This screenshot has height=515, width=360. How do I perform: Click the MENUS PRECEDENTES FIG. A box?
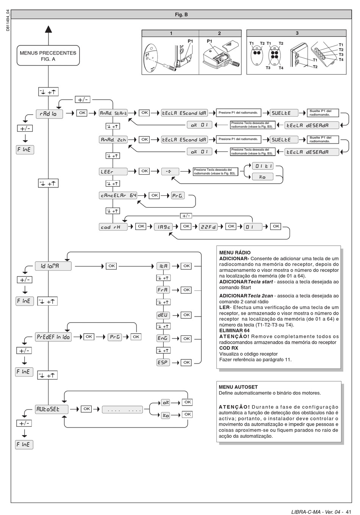(x=48, y=56)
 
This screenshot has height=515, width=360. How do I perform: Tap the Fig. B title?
(x=181, y=15)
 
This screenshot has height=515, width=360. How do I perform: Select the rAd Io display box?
(x=49, y=114)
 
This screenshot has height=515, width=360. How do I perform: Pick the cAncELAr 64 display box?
(x=118, y=195)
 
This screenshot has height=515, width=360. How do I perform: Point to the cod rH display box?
(x=113, y=227)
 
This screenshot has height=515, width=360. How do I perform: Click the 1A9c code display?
(x=163, y=227)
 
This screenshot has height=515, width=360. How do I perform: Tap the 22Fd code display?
(x=208, y=227)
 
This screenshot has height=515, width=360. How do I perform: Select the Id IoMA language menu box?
(x=53, y=266)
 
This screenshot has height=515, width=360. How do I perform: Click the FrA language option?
(x=163, y=290)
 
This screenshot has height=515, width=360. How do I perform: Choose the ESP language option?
(x=163, y=362)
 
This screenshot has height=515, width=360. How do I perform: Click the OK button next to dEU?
(x=186, y=315)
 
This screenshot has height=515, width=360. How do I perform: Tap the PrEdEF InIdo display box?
(x=53, y=337)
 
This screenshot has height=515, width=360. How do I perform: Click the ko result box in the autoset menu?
(x=166, y=415)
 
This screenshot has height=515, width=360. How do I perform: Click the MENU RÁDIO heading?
(x=235, y=253)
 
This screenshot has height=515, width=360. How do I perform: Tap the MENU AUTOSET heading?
(x=238, y=387)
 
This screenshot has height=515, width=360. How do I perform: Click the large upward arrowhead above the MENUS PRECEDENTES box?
(x=48, y=30)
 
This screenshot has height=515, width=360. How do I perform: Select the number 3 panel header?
(x=297, y=33)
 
